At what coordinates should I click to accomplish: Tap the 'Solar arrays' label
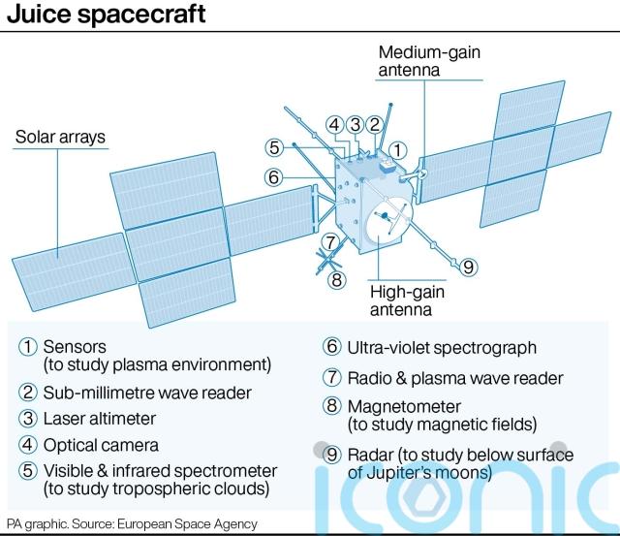(60, 137)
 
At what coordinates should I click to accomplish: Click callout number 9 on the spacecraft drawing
(468, 268)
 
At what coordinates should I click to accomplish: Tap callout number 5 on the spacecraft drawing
(275, 147)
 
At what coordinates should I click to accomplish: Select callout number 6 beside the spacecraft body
(275, 177)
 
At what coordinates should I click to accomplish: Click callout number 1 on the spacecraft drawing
(398, 150)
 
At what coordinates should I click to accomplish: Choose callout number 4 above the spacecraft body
(334, 124)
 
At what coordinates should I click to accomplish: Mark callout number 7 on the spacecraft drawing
(330, 242)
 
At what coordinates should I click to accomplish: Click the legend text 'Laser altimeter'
(100, 419)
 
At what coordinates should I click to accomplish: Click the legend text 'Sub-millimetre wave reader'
(146, 393)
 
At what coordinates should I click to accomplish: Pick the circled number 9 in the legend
(331, 455)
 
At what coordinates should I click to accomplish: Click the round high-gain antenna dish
(386, 222)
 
